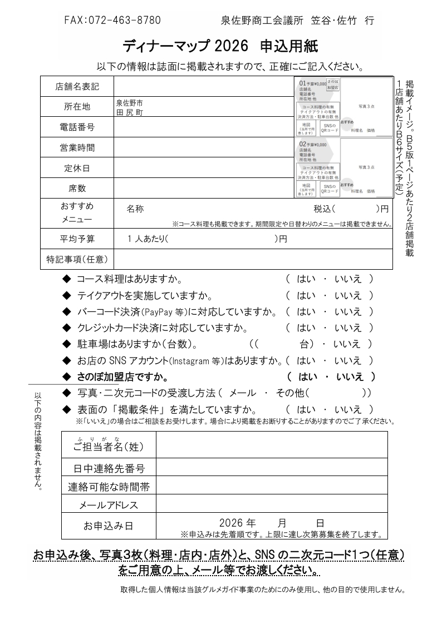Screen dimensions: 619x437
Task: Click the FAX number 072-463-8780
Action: (112, 21)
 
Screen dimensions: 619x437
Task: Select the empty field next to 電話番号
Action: (203, 127)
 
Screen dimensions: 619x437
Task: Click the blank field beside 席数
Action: (203, 188)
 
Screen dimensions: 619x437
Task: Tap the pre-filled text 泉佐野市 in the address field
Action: (129, 103)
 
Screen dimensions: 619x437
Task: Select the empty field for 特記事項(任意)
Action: (253, 259)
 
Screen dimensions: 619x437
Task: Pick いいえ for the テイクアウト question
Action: (347, 295)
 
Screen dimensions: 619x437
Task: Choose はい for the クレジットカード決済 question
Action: (306, 328)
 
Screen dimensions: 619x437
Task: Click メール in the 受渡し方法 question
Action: (243, 393)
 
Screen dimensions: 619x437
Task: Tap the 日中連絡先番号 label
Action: (109, 468)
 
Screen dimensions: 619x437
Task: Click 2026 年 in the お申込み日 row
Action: (237, 523)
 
